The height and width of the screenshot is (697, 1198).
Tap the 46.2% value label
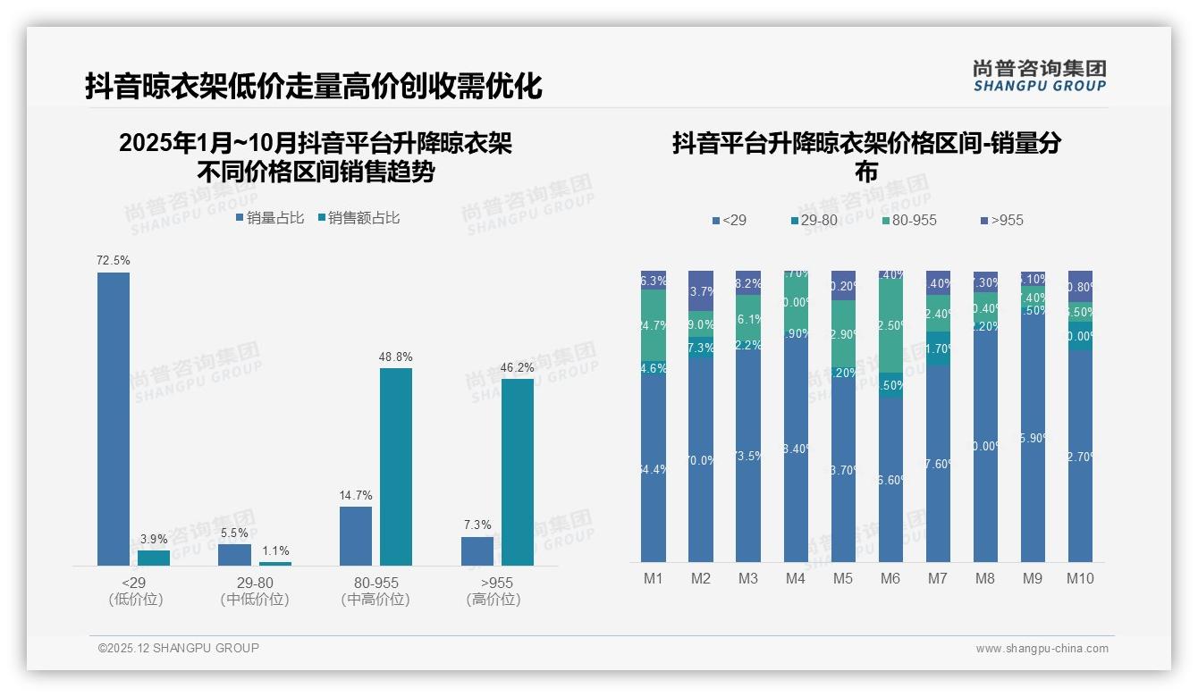(x=517, y=367)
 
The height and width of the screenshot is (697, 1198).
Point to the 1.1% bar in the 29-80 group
(x=274, y=563)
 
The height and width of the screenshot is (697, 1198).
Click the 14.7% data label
(x=355, y=495)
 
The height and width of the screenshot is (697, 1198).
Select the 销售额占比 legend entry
(x=359, y=217)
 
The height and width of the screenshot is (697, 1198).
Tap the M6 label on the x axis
(x=890, y=578)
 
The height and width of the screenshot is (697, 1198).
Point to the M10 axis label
(x=1079, y=578)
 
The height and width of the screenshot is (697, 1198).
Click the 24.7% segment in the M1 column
(x=654, y=325)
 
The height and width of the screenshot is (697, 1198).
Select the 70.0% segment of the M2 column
(x=701, y=459)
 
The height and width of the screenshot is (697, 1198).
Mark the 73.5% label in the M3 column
(x=748, y=456)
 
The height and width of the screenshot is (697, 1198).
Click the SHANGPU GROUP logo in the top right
(x=1039, y=76)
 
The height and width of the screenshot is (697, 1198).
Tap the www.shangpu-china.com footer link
(x=1042, y=648)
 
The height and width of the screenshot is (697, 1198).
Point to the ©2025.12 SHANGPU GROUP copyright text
(x=179, y=648)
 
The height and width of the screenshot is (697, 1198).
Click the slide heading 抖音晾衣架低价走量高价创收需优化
(x=314, y=87)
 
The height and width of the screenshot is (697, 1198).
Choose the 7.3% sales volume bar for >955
(x=477, y=550)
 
